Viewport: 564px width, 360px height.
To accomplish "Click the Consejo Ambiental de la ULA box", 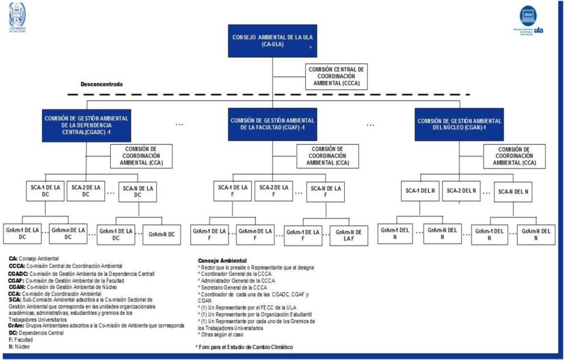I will click(x=272, y=41).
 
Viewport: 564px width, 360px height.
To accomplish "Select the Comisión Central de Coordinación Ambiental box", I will click(x=336, y=77).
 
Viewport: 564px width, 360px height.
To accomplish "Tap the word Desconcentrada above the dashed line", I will click(x=101, y=84).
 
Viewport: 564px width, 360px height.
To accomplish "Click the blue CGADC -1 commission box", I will click(x=86, y=125).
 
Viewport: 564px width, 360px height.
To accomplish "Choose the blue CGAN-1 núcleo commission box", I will click(x=459, y=124).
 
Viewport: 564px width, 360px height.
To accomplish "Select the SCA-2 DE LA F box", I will click(x=274, y=190).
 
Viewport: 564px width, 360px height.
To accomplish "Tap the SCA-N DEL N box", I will click(x=512, y=192).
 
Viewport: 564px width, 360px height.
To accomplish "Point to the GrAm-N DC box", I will click(x=161, y=234).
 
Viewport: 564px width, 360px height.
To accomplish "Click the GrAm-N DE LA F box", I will click(x=349, y=234).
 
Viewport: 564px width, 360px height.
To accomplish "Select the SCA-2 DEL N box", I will click(x=460, y=190).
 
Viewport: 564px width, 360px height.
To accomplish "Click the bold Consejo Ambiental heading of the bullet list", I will click(x=222, y=260).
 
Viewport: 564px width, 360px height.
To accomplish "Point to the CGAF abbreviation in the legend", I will click(x=16, y=280).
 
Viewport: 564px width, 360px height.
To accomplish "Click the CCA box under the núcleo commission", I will click(x=514, y=156).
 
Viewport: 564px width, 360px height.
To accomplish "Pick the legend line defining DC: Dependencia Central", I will click(x=36, y=332).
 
